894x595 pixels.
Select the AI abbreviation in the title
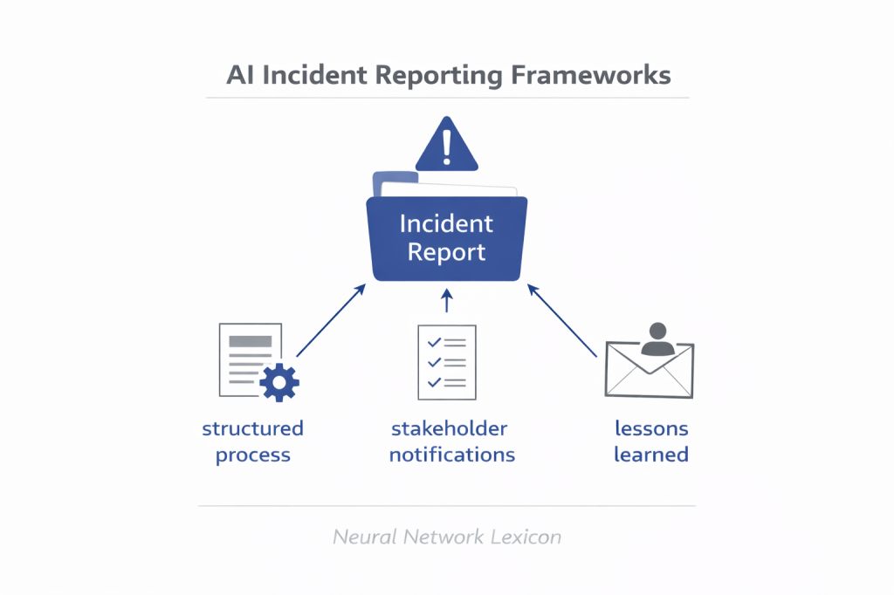point(241,75)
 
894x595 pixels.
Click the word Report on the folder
point(447,253)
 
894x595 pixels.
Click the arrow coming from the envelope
point(563,320)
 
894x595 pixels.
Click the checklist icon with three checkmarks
point(447,358)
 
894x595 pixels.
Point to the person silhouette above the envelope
point(657,340)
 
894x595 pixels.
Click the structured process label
point(253,441)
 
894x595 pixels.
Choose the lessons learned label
point(651,441)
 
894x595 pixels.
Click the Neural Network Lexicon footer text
point(447,537)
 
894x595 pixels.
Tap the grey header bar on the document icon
point(250,341)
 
